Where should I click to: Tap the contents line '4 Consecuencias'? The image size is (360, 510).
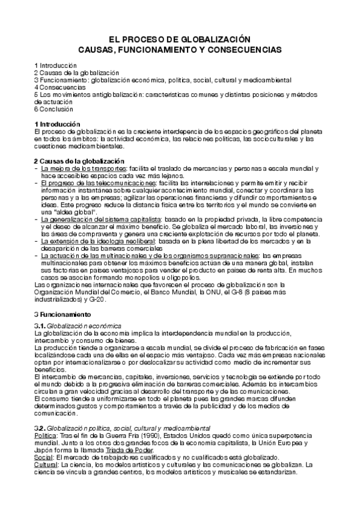click(x=59, y=87)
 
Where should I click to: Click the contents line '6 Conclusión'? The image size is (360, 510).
click(x=53, y=109)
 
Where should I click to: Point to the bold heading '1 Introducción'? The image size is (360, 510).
click(x=59, y=124)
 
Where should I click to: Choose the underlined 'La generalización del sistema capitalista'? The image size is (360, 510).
click(x=102, y=220)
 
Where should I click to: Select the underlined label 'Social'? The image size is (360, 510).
click(x=44, y=457)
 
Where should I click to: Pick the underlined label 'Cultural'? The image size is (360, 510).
click(x=46, y=464)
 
